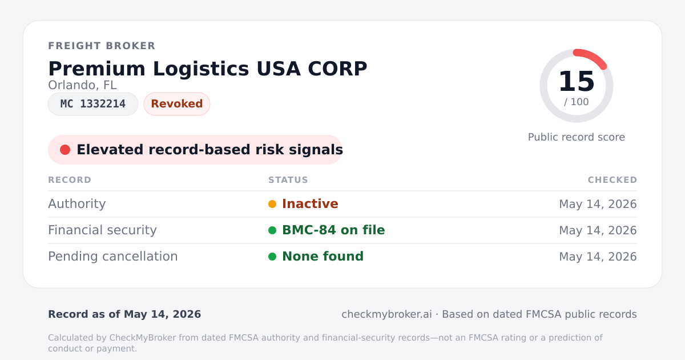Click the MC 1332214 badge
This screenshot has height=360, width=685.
pyautogui.click(x=93, y=104)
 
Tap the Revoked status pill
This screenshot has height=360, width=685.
pyautogui.click(x=177, y=104)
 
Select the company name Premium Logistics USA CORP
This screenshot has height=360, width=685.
pyautogui.click(x=208, y=69)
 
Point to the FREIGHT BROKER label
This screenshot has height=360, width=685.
pyautogui.click(x=102, y=46)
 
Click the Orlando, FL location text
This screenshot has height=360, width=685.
pyautogui.click(x=82, y=85)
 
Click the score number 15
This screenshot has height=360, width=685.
pyautogui.click(x=577, y=81)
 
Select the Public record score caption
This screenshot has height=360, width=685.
pyautogui.click(x=577, y=137)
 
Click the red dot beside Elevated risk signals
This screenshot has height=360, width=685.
pyautogui.click(x=65, y=150)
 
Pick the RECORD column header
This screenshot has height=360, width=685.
pyautogui.click(x=70, y=180)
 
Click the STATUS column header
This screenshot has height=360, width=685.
pyautogui.click(x=288, y=180)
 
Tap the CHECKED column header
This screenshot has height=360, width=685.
pyautogui.click(x=613, y=180)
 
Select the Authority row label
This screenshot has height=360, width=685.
pyautogui.click(x=76, y=204)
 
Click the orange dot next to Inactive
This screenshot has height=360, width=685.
pyautogui.click(x=272, y=204)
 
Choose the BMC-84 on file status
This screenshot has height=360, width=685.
pyautogui.click(x=333, y=230)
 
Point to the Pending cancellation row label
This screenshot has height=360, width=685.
pyautogui.click(x=113, y=257)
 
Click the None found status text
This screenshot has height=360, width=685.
pyautogui.click(x=323, y=257)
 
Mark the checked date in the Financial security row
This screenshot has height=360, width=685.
pyautogui.click(x=598, y=230)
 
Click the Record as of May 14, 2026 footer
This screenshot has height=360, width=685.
pyautogui.click(x=124, y=314)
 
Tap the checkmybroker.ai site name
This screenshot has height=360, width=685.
pyautogui.click(x=386, y=314)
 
